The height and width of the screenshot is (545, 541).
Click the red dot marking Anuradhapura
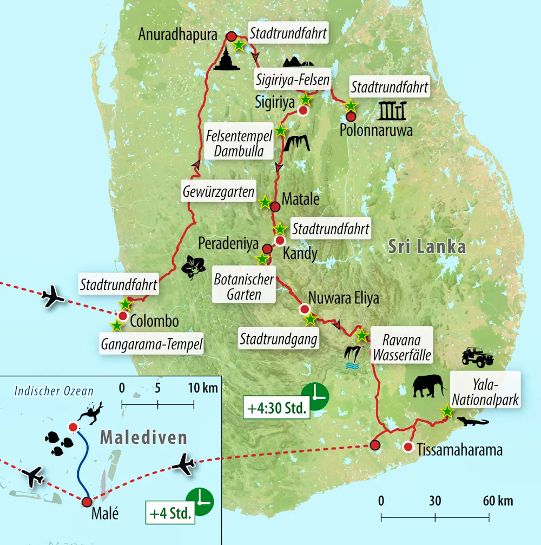coord(231,37)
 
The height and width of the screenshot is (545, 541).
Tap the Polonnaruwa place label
coord(377,130)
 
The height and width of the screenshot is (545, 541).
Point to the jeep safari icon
coord(478,357)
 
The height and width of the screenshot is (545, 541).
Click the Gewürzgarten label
coord(219,191)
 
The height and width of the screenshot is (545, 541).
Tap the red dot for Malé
coord(87,502)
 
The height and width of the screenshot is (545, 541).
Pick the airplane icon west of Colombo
coord(52,297)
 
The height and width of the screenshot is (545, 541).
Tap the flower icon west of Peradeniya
coord(193,267)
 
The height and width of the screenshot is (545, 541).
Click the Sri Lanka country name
coord(427,247)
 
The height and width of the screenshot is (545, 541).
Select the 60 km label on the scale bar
coord(498,501)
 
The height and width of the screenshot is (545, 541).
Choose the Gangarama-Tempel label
coord(153,343)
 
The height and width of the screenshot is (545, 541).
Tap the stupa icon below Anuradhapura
coord(226,58)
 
